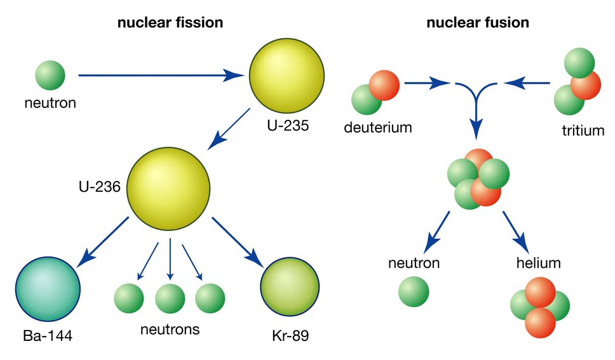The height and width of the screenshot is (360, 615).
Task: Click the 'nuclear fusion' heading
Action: click(478, 23)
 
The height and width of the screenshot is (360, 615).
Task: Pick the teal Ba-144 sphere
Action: click(48, 290)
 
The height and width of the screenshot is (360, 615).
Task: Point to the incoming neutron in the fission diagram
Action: click(50, 74)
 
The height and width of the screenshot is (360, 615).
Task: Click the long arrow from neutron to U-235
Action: click(159, 75)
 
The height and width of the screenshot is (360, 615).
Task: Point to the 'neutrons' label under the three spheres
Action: click(170, 330)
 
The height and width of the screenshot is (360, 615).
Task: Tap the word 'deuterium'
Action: click(378, 127)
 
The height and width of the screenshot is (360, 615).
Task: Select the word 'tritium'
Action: click(583, 131)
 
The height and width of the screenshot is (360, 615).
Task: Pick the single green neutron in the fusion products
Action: click(414, 291)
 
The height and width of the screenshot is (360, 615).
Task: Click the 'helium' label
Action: click(534, 262)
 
